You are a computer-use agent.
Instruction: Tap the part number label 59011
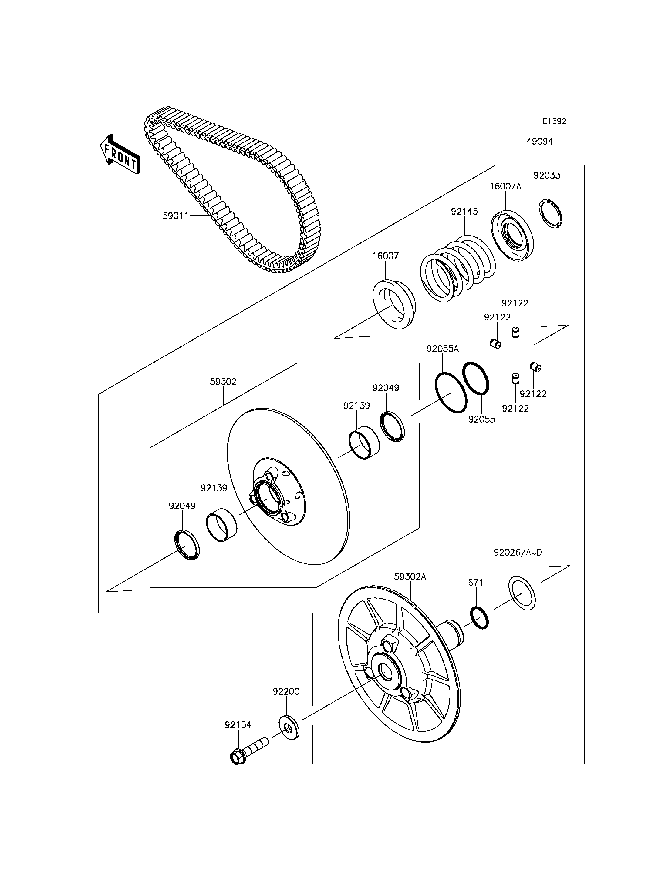[x=176, y=216]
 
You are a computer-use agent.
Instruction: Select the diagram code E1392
[x=554, y=122]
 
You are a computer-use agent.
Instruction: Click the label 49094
[x=539, y=142]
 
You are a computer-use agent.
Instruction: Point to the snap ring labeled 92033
[x=552, y=214]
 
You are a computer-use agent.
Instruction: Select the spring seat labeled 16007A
[x=512, y=236]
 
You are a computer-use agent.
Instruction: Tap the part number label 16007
[x=385, y=256]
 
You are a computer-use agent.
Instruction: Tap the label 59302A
[x=410, y=577]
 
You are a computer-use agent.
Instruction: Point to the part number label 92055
[x=482, y=419]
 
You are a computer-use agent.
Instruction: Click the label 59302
[x=223, y=382]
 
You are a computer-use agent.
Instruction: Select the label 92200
[x=286, y=691]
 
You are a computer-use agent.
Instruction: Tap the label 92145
[x=464, y=212]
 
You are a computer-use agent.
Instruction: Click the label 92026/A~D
[x=517, y=553]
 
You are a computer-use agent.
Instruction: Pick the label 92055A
[x=443, y=349]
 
